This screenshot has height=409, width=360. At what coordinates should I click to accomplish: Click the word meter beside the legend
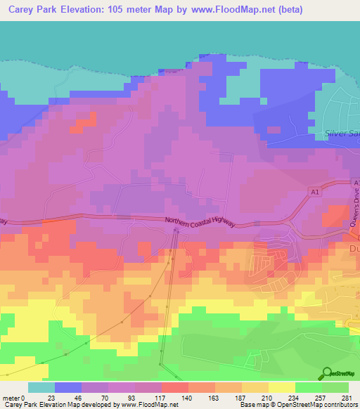pos(12,398)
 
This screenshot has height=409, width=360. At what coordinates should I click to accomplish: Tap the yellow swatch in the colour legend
pos(282,387)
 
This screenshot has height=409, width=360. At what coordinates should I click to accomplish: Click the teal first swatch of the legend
pos(41,387)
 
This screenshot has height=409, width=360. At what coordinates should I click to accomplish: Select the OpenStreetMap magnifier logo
pos(328,372)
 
